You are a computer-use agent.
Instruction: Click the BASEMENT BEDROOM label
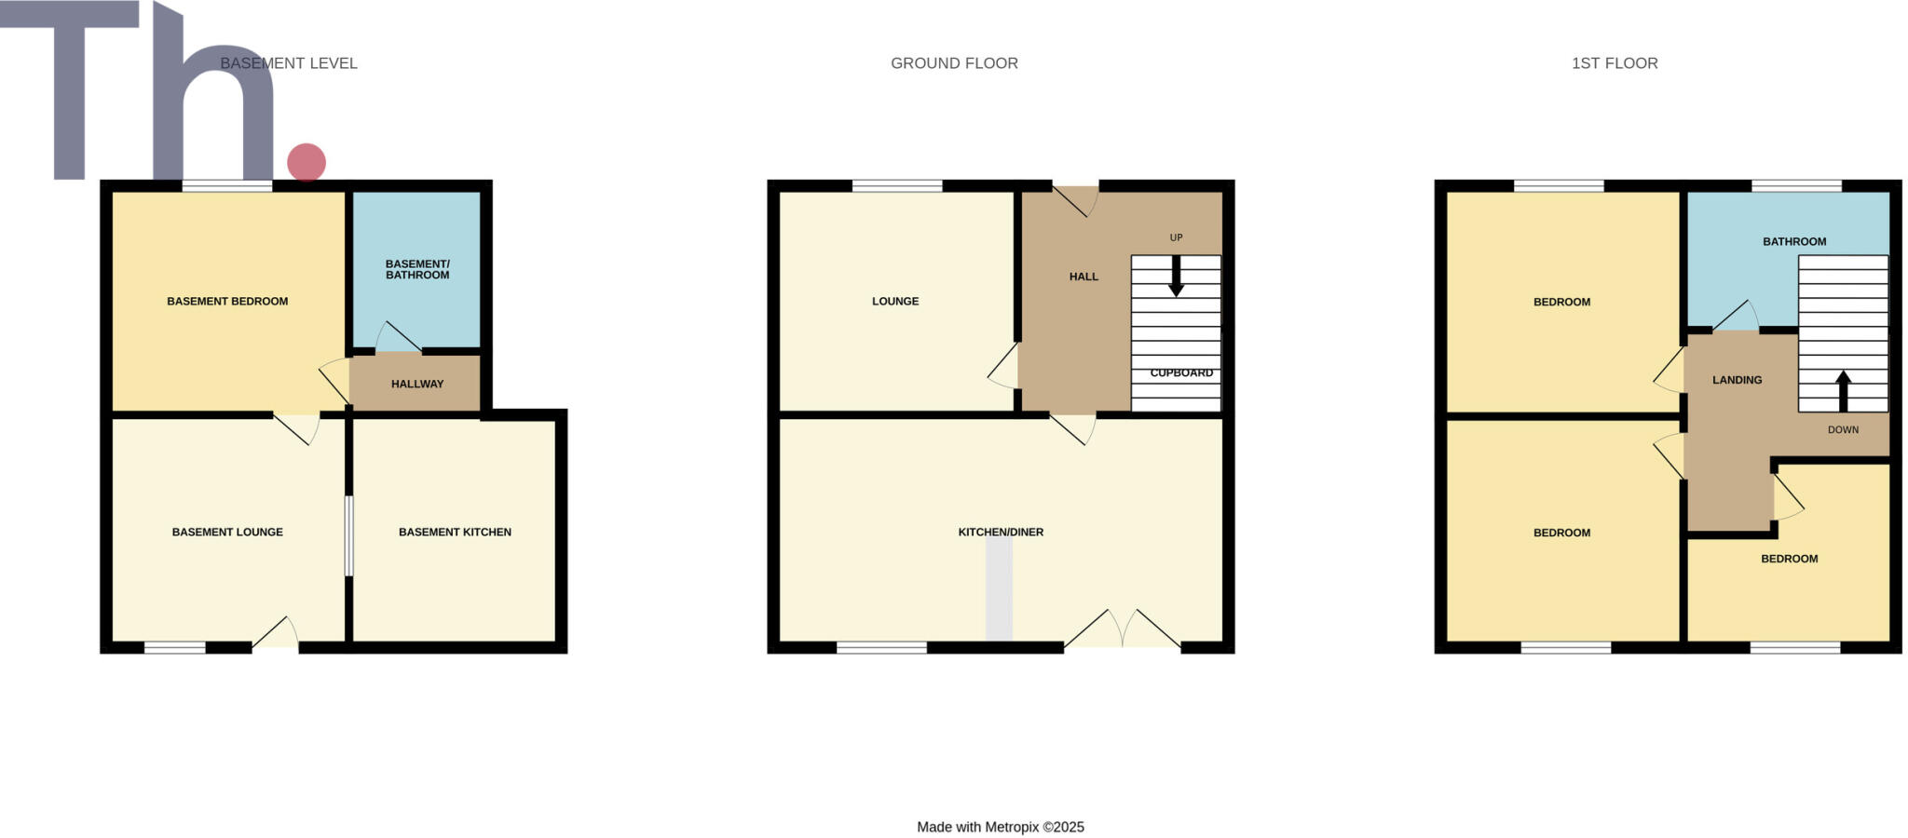227,301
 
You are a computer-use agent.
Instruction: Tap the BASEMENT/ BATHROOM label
417,269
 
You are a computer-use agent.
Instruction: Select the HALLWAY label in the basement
417,384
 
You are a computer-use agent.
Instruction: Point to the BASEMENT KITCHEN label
455,532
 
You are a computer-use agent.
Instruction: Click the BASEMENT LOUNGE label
227,532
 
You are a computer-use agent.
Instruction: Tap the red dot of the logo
307,162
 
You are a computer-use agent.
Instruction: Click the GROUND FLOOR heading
954,63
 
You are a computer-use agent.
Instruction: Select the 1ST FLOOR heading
1615,63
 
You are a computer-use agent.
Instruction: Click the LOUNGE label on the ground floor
895,301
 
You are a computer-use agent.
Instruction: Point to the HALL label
1083,277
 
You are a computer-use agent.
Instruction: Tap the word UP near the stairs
1176,237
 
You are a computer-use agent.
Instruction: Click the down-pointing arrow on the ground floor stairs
1176,277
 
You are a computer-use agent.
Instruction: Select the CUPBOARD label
1181,372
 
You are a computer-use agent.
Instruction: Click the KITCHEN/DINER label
1001,532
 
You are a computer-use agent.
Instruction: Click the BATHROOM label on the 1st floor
1794,241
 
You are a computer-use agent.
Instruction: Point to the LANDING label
1737,380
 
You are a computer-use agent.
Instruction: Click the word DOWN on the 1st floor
1843,429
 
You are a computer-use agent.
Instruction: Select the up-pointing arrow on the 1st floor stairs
1843,390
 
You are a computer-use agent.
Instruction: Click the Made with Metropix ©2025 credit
1001,827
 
